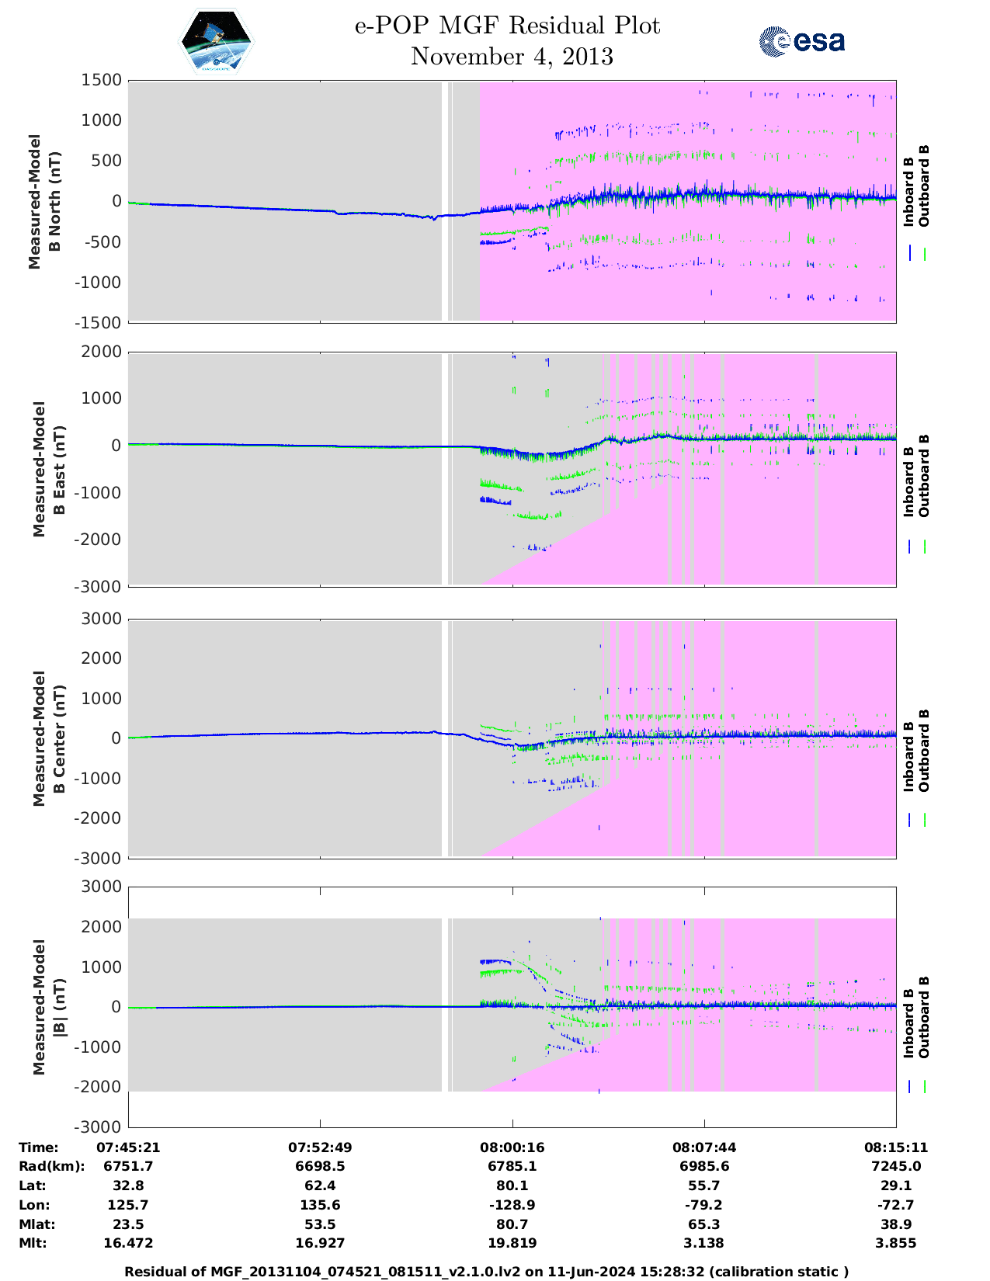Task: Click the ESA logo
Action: (x=802, y=41)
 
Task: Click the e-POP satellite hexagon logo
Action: (x=216, y=42)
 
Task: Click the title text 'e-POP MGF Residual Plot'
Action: (x=507, y=26)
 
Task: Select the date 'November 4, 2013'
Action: (x=512, y=57)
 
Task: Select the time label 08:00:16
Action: (x=512, y=1147)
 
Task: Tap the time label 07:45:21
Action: (x=128, y=1147)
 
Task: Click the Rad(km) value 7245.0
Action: (x=895, y=1166)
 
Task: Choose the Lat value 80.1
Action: (x=512, y=1186)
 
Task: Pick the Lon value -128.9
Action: (x=512, y=1205)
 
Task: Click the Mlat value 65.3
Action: (x=703, y=1224)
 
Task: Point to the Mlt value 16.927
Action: (x=320, y=1243)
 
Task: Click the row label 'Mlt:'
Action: (x=33, y=1243)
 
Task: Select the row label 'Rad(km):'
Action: (x=51, y=1166)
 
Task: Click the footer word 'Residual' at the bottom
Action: (x=155, y=1272)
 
